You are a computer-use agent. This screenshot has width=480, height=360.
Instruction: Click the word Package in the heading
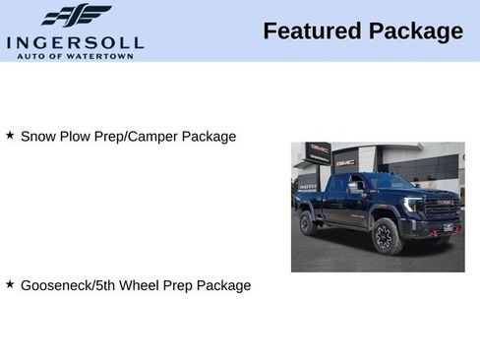coord(415,31)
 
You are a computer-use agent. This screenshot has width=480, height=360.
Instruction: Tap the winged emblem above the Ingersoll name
coord(76,16)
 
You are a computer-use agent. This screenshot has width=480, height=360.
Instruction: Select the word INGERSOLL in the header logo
coord(75,42)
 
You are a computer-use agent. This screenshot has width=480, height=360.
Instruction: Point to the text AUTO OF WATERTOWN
coord(75,55)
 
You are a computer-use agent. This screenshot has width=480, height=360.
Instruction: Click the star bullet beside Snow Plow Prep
coord(10,135)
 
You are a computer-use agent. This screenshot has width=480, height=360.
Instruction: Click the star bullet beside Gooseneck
coord(10,284)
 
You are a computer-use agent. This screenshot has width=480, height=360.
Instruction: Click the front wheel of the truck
coord(384,237)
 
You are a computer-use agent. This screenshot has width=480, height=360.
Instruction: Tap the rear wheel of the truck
coord(308,224)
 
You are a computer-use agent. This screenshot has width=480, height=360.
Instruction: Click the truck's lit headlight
coord(414,205)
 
